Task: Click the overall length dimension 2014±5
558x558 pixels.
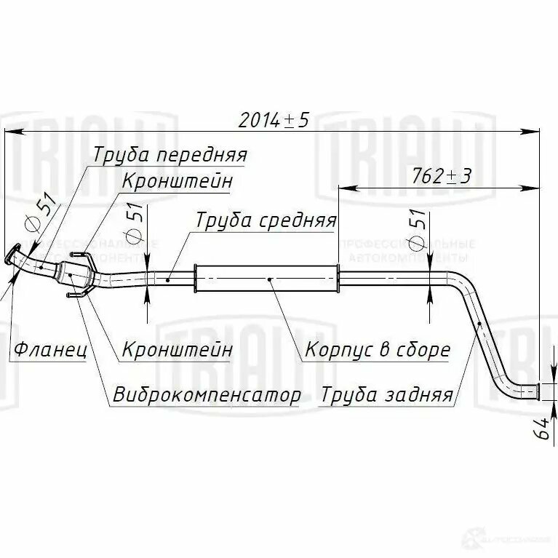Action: click(274, 120)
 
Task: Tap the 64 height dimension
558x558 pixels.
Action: click(542, 430)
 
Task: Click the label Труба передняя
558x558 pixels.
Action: click(170, 155)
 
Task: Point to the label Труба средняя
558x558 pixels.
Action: click(265, 220)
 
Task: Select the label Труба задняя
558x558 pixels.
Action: click(386, 395)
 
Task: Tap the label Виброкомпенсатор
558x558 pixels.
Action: click(207, 395)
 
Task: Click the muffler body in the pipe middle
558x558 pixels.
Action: click(267, 279)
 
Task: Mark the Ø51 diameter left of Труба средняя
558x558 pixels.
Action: click(134, 226)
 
